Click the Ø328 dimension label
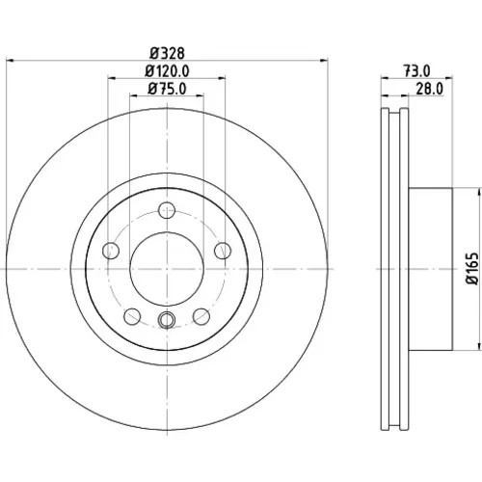click(x=167, y=53)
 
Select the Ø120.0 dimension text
click(x=167, y=71)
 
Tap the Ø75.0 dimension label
click(x=167, y=89)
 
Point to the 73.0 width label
click(x=416, y=71)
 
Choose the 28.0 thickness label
click(x=429, y=89)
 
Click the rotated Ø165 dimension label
click(x=472, y=268)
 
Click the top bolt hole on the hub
click(x=167, y=210)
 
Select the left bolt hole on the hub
click(x=111, y=251)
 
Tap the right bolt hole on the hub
click(x=223, y=251)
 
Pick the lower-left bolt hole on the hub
click(x=132, y=316)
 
